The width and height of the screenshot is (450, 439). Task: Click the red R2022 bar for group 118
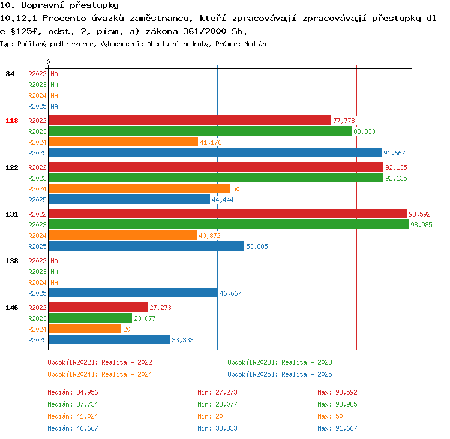click(x=190, y=120)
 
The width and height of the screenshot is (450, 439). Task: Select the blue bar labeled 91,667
click(x=215, y=153)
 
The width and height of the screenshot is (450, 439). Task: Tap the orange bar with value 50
click(x=140, y=189)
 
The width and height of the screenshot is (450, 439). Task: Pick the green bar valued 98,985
click(x=229, y=225)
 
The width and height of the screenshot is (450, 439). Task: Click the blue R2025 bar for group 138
click(x=133, y=293)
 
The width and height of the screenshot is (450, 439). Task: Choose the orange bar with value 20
click(x=85, y=329)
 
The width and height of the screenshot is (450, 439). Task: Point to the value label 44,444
click(x=223, y=200)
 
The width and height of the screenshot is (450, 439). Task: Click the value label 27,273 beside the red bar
click(x=160, y=308)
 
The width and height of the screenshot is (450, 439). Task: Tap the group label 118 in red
click(x=12, y=121)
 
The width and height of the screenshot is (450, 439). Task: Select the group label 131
click(x=12, y=214)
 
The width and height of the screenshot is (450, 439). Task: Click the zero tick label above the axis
click(x=48, y=62)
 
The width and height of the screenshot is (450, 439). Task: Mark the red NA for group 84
click(x=54, y=74)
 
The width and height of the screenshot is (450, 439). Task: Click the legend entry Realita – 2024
click(x=127, y=374)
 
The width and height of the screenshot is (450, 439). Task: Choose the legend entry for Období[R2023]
click(x=280, y=362)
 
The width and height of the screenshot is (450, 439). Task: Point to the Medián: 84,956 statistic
click(x=73, y=392)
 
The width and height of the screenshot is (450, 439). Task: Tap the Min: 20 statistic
click(x=210, y=416)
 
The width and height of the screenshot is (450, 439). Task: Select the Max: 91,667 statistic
click(x=337, y=428)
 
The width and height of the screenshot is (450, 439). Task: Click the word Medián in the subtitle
click(x=255, y=44)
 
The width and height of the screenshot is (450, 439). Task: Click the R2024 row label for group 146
click(x=37, y=329)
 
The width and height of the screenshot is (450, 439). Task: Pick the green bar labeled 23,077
click(x=91, y=318)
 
